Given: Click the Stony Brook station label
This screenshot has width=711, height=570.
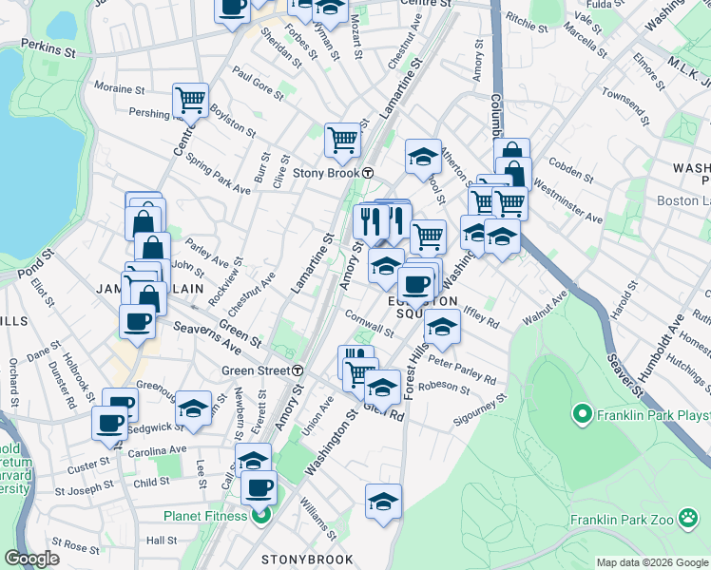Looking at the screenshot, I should [x=326, y=173].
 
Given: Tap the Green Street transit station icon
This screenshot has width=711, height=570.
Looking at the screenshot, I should [x=298, y=370].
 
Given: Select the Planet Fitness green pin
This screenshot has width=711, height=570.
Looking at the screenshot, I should [x=257, y=517].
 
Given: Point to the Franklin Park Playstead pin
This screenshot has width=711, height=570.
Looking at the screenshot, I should [x=581, y=414].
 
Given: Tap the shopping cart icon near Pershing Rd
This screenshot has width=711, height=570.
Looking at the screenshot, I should [x=190, y=99].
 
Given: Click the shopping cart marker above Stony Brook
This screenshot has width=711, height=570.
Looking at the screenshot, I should [x=342, y=140].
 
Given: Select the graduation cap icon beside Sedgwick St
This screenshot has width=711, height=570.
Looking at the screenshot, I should [x=193, y=408].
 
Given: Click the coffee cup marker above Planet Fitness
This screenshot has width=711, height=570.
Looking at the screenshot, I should [x=259, y=488].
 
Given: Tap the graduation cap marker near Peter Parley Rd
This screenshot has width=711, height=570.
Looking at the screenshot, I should [x=441, y=328].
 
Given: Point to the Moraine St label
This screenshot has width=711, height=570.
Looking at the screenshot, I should [x=119, y=89].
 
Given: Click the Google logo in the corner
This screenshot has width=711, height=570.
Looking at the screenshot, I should [x=32, y=559].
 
